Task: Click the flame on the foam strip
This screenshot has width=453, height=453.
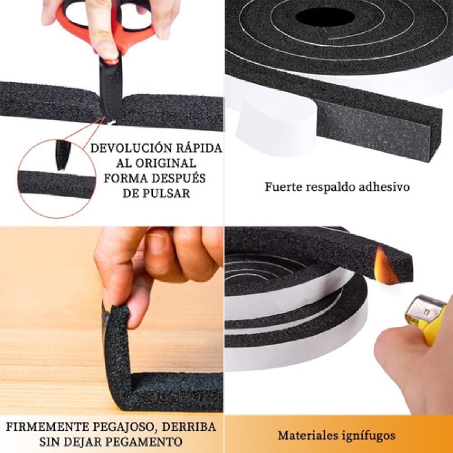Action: [385, 267]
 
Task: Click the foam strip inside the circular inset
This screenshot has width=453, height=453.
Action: [57, 185]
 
